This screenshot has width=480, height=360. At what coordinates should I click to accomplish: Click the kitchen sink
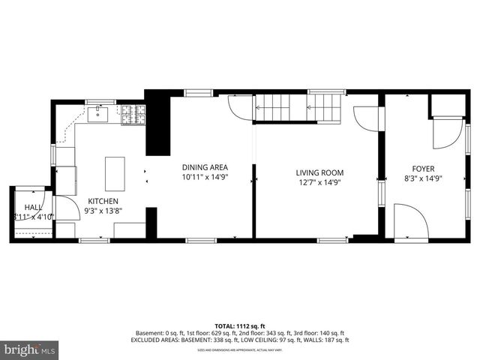pos(98,114)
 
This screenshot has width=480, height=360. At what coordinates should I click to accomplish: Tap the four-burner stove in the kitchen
pos(134,114)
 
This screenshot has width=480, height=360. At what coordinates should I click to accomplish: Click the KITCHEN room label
pos(103,201)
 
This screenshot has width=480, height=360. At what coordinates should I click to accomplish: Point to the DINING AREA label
pos(205,167)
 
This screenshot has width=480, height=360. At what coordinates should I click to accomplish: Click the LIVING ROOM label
pos(319,172)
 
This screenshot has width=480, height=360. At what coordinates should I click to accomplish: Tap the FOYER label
pos(423,169)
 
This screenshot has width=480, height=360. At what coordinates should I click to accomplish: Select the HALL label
pos(33,206)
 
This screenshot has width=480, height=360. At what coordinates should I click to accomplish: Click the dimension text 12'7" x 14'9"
pos(319,182)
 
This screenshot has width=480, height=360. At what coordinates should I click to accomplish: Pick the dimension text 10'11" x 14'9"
pos(205,178)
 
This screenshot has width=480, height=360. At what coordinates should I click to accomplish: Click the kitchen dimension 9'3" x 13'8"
pos(103,211)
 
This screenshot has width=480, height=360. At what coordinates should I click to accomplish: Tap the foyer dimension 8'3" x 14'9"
pos(423,179)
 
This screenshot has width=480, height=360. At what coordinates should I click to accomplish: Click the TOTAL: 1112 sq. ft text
pos(240,325)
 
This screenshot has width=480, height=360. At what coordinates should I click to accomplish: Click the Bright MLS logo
pos(29,349)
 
